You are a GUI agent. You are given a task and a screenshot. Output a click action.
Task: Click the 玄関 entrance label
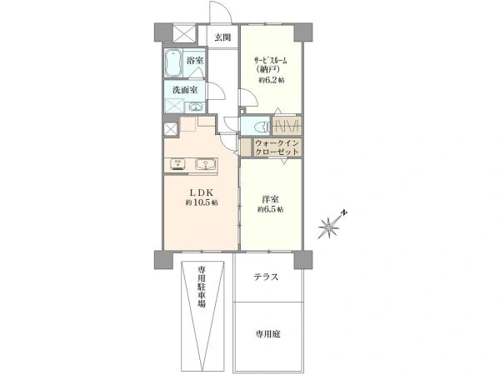coord(222,37)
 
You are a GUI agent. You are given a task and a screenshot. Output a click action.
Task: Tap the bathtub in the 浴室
coord(173,62)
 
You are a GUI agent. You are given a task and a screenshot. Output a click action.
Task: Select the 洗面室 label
coord(185,90)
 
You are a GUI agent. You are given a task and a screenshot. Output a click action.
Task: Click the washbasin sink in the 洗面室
coord(194,107)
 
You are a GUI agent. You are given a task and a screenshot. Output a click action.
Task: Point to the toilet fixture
coord(262,127)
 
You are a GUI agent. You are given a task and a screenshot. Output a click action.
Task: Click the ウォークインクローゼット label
coord(277,147)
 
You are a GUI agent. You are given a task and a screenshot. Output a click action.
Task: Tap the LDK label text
coord(201,192)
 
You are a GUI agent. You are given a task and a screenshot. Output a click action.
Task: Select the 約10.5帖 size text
coord(202,202)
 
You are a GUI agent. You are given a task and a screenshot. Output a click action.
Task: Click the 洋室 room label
coord(270,200)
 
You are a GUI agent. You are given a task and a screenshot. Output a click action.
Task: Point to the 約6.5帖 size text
coord(270,209)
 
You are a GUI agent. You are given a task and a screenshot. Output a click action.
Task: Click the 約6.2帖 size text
coord(271,80)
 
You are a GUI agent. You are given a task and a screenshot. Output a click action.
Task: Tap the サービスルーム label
coord(270,60)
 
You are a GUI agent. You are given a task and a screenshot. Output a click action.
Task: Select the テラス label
coord(266,277)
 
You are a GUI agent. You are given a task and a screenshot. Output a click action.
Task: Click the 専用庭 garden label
coord(267,334)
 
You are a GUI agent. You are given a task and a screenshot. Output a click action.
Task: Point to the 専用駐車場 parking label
coord(201,286)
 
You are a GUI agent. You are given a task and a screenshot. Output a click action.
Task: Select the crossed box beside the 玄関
coord(184,33)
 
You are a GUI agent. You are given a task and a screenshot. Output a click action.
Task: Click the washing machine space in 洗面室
coord(174,106)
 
